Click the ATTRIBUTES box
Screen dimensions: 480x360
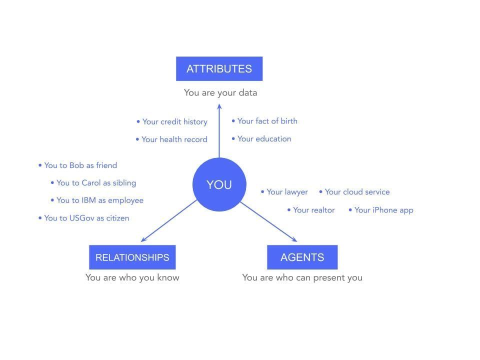coord(219,68)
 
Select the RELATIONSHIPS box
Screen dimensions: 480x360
coord(132,257)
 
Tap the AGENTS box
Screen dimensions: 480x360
coord(302,257)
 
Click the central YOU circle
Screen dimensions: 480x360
coord(219,184)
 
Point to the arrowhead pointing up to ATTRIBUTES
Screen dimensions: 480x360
coord(219,106)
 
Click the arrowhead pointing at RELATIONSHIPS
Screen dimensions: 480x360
coord(143,239)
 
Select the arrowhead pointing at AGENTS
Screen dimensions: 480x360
coord(294,239)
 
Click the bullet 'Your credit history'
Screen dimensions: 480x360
coord(172,122)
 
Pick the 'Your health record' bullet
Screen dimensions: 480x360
coord(171,139)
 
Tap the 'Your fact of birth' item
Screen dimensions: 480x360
coord(264,121)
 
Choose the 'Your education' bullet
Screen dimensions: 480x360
coord(261,139)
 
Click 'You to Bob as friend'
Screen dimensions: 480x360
coord(78,165)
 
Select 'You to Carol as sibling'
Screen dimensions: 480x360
coord(93,183)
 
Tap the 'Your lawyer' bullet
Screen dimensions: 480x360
coord(284,192)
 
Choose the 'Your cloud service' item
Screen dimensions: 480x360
coord(354,192)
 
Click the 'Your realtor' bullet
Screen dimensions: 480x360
coord(311,210)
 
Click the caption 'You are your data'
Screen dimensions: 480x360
coord(220,93)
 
